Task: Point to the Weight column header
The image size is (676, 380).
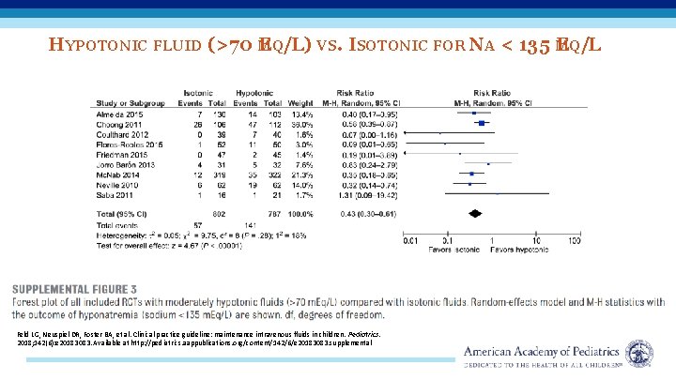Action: [x=300, y=103]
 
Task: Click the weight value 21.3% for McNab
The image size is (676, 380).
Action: [x=301, y=175]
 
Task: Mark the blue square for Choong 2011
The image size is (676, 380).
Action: [x=481, y=122]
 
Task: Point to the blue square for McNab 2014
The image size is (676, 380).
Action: [x=470, y=175]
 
